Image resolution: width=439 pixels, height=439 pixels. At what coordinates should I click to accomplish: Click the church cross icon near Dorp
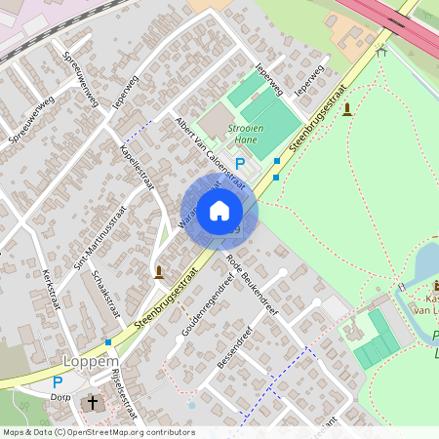tap(93, 401)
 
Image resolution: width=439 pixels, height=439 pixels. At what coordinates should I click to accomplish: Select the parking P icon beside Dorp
tap(57, 383)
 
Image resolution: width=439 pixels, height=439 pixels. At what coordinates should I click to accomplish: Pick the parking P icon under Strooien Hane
tap(240, 164)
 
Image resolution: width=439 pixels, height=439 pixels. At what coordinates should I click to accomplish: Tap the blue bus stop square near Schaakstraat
tap(107, 342)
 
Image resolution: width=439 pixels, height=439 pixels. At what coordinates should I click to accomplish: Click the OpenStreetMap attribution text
tap(98, 432)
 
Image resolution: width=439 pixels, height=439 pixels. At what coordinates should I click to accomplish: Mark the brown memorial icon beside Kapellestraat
tap(159, 271)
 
